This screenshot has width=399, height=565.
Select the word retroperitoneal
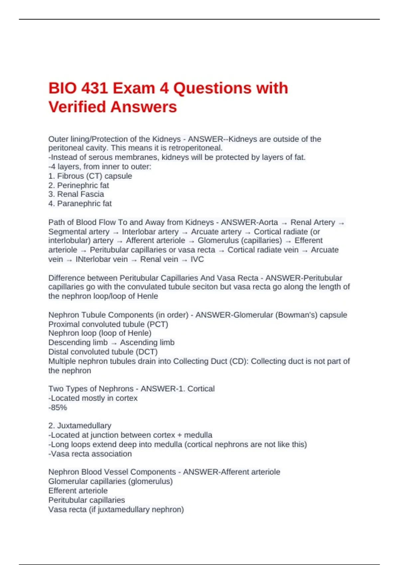(195, 148)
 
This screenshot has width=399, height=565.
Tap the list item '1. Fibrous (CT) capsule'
(90, 176)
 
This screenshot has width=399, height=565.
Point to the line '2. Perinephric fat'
(78, 185)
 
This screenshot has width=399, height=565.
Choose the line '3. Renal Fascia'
(76, 194)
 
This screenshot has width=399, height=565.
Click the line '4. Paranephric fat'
(80, 204)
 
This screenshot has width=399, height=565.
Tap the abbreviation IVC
(197, 259)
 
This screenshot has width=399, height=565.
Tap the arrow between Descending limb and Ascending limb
(114, 343)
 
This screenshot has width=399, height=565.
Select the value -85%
(58, 407)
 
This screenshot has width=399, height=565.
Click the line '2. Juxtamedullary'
(80, 426)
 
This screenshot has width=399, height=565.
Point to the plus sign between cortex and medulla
(180, 435)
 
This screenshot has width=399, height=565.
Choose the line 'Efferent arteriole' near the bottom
(78, 491)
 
